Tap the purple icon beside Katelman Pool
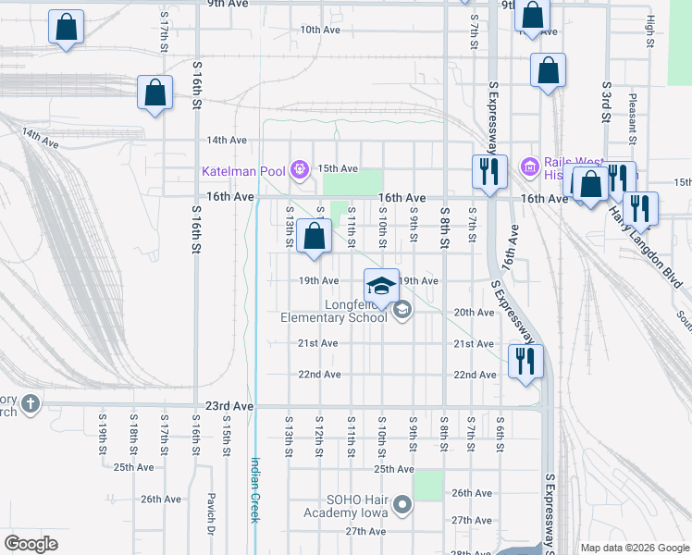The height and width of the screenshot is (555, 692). pyautogui.click(x=299, y=169)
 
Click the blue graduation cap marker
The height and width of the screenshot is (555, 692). pyautogui.click(x=381, y=285)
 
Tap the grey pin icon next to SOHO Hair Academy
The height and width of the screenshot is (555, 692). pyautogui.click(x=402, y=505)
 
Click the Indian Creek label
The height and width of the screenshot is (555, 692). pyautogui.click(x=255, y=490)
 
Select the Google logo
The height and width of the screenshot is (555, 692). pyautogui.click(x=31, y=544)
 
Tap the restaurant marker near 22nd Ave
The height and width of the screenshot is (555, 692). pyautogui.click(x=525, y=361)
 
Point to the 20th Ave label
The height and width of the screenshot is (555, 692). pyautogui.click(x=474, y=313)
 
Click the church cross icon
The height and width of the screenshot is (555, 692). pyautogui.click(x=31, y=403)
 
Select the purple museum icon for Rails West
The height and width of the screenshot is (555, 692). pyautogui.click(x=529, y=167)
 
